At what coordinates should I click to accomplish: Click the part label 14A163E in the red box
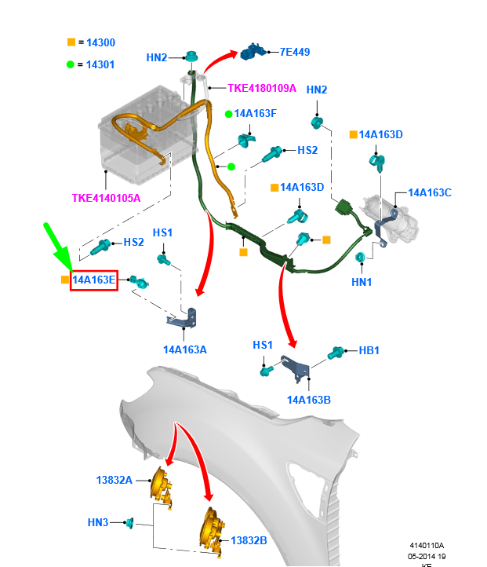coord(94,279)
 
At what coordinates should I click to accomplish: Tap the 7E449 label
coord(295,53)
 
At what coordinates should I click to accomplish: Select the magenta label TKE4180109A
coord(262,88)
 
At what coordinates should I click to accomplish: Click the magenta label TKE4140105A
coord(106,198)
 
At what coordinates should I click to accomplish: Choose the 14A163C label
coord(430,192)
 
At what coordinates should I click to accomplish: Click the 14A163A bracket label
coord(185,349)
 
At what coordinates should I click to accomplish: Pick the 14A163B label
coord(309,400)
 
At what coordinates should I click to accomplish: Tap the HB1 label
coord(369,351)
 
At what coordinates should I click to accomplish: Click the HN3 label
coord(98,521)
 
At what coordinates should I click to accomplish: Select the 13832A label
coord(114,480)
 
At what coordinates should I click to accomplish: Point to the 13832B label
coord(249,540)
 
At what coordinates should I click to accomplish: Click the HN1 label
coord(362,282)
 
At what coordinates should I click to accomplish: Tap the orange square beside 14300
coord(71,42)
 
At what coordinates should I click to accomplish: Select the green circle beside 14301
coord(71,64)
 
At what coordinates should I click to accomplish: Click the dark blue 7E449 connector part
coord(254,52)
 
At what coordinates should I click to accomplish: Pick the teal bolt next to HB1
coord(336,353)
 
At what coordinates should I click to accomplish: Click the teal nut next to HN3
coord(130,522)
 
